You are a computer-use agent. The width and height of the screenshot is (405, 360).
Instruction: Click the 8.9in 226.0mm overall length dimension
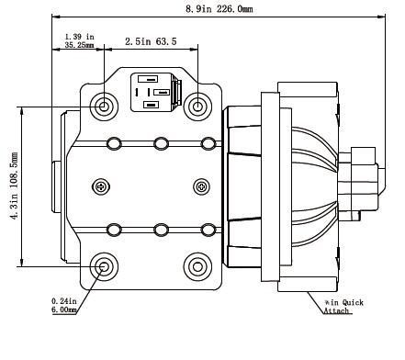click(x=219, y=9)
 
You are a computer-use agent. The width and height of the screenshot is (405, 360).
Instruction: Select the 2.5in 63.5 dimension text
click(x=151, y=41)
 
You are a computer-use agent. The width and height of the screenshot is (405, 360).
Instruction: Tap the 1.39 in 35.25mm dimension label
click(x=79, y=41)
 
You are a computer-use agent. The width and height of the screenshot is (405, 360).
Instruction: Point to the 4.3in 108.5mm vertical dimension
click(x=14, y=186)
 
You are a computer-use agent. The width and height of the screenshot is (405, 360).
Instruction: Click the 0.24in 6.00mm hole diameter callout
click(x=64, y=306)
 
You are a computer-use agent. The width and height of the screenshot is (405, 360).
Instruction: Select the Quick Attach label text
click(x=343, y=307)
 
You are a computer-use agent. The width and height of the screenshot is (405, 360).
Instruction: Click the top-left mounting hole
click(x=104, y=107)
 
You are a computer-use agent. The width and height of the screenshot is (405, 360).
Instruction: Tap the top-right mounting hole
click(x=197, y=107)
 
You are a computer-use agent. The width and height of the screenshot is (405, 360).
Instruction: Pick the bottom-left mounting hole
click(x=104, y=266)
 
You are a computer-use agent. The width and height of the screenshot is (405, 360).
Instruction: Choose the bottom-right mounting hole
click(x=197, y=266)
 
